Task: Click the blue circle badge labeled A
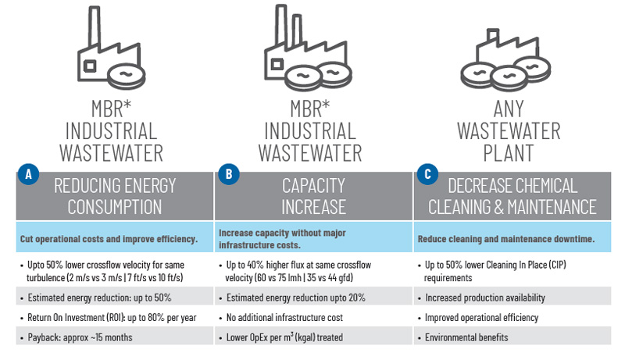tap(28, 175)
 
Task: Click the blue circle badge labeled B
tap(227, 175)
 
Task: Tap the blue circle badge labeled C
tap(427, 175)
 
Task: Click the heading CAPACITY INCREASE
tap(313, 196)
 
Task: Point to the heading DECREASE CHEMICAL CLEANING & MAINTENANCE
tap(512, 196)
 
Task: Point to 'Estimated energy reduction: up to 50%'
tap(99, 298)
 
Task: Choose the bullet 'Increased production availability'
tap(484, 298)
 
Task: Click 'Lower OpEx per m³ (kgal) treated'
tap(288, 337)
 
